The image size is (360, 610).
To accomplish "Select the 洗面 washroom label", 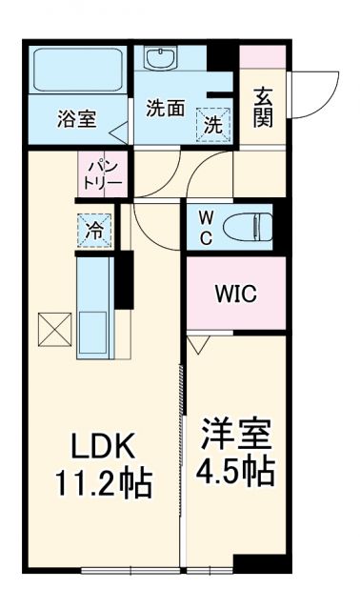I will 165,109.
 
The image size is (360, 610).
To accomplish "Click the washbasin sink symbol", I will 158,58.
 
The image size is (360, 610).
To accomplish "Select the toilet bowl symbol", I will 250,226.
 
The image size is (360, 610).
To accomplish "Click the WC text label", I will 206,227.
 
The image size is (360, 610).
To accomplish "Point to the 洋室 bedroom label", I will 236,436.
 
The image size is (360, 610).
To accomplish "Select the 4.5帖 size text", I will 237,471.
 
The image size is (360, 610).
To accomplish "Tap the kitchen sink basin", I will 95,332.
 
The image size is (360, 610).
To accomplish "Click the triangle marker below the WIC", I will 197,344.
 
